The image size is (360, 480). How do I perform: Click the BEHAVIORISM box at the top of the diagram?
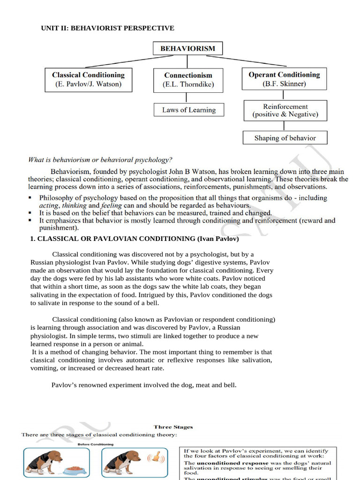187,48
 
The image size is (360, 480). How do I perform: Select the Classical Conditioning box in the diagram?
88,80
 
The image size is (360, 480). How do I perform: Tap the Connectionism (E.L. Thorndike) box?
188,80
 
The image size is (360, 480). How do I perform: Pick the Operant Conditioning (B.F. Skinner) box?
284,79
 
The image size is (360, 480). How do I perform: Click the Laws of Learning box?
189,110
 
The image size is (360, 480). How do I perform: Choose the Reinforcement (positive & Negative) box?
285,110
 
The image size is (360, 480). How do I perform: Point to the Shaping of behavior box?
285,138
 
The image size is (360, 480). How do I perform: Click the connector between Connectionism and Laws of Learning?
188,97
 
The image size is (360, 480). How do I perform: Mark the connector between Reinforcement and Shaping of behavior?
283,126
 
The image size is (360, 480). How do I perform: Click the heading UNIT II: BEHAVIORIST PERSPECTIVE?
108,28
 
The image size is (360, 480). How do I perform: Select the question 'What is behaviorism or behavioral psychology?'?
100,160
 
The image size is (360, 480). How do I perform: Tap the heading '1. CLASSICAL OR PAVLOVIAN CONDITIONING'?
135,239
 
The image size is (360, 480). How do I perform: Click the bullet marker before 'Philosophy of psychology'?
30,198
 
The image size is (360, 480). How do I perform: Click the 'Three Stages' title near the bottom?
173,427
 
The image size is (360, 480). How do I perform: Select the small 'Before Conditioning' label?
95,444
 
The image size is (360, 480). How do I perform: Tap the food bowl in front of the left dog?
73,469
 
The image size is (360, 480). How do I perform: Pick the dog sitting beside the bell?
123,462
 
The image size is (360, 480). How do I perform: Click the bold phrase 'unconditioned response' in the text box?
225,463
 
